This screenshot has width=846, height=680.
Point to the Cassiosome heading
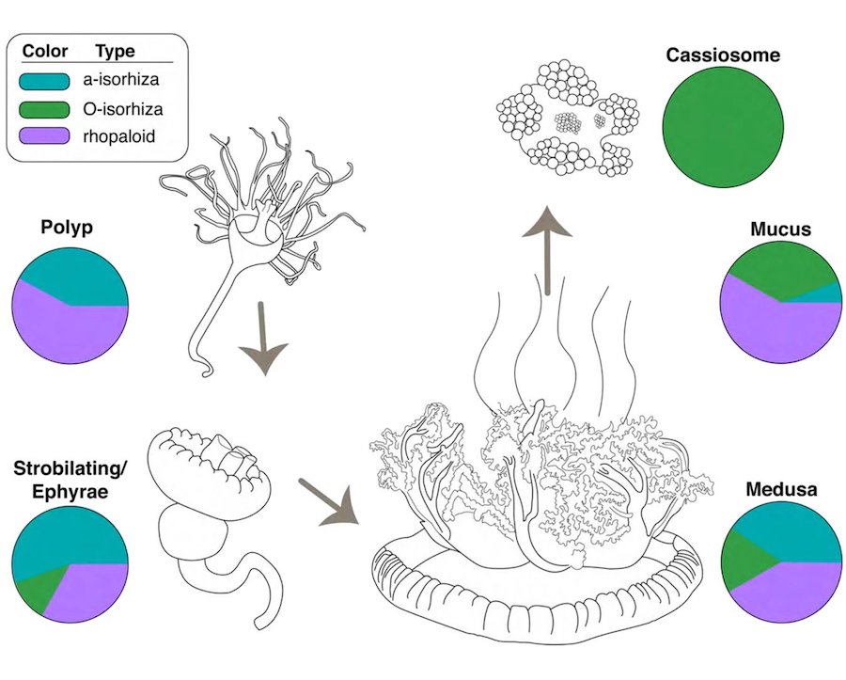coord(723,55)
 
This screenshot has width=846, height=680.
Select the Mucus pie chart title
coord(779,229)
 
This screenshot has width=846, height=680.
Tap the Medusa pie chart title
coord(779,490)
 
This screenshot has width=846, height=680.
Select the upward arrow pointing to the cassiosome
coord(546,245)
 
